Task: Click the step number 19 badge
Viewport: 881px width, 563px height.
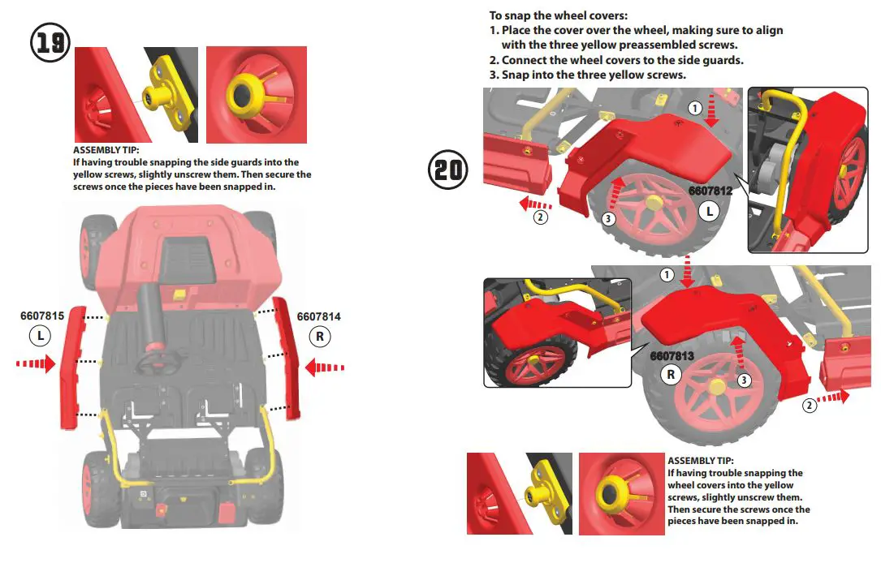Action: tap(50, 42)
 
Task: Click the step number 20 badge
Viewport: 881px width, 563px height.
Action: tap(448, 170)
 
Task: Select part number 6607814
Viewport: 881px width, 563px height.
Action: tap(319, 316)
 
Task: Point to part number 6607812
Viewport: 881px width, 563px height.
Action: tap(710, 191)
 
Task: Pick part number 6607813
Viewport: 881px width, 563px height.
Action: tap(672, 355)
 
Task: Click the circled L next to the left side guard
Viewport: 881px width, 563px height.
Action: tap(40, 334)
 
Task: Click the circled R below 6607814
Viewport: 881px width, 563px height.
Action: tap(319, 334)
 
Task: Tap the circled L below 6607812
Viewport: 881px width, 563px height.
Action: tap(710, 211)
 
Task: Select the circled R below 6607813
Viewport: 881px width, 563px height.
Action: tap(672, 374)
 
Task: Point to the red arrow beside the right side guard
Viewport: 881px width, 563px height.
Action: tap(325, 367)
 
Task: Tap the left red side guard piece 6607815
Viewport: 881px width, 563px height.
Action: tap(71, 367)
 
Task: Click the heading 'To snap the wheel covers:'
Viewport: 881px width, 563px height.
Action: tap(559, 15)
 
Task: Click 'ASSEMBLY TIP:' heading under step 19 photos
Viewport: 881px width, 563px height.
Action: tap(106, 150)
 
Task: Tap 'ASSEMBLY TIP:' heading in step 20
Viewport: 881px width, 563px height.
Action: tap(700, 461)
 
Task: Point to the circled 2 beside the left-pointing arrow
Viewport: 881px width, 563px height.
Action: tap(541, 217)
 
